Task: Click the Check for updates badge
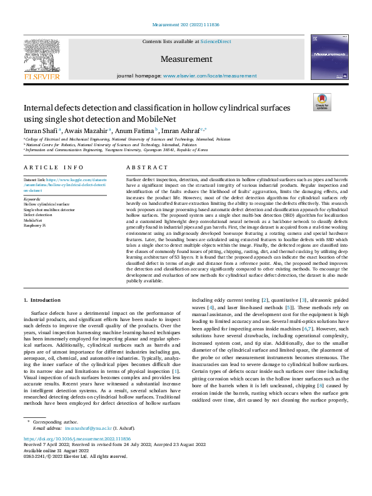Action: pyautogui.click(x=321, y=102)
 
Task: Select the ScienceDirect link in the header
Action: pyautogui.click(x=215, y=42)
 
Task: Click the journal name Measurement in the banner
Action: pyautogui.click(x=186, y=59)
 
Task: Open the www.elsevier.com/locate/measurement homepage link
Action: pyautogui.click(x=209, y=75)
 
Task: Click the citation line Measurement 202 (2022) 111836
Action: pyautogui.click(x=186, y=26)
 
